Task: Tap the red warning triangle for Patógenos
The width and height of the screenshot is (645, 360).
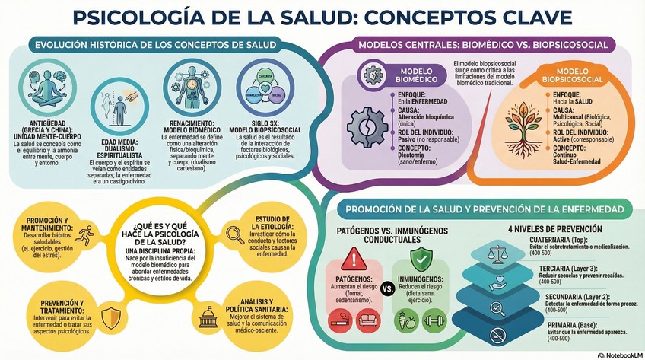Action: pos(354,259)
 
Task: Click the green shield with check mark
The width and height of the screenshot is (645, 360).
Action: pos(421,257)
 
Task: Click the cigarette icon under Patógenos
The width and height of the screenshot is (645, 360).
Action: pos(339,321)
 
